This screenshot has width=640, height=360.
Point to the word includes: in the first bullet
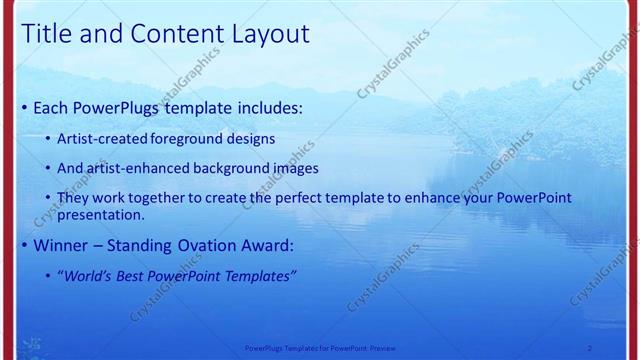[x=267, y=107]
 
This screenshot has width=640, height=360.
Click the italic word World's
[x=90, y=275]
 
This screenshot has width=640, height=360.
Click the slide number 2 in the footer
[x=589, y=347]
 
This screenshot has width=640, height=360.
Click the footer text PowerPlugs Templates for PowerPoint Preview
[x=319, y=347]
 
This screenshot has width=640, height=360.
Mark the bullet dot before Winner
[x=24, y=246]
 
